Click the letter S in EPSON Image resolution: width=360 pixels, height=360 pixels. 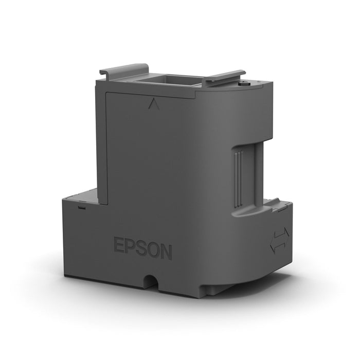[141, 247]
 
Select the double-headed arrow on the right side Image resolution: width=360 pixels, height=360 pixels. [280, 240]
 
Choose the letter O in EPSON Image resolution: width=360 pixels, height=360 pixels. [153, 249]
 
